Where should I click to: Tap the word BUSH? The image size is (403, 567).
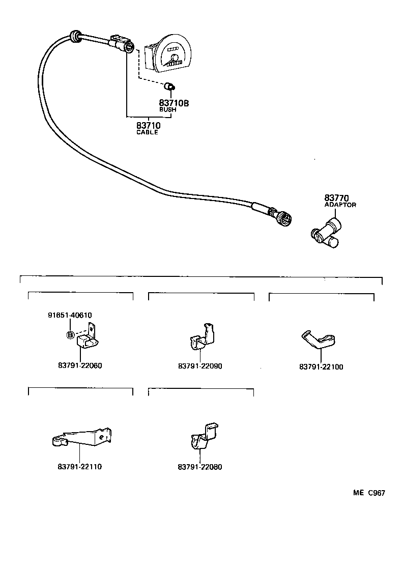click(x=168, y=110)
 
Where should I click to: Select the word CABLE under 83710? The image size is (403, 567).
click(x=147, y=132)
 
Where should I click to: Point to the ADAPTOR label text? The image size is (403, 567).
click(x=340, y=205)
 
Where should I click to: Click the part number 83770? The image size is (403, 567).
click(x=335, y=198)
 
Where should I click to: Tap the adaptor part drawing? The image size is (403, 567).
click(x=327, y=233)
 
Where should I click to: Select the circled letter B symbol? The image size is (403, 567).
click(x=70, y=334)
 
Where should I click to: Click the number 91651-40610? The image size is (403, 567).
click(x=70, y=315)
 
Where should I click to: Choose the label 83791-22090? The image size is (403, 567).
click(x=200, y=366)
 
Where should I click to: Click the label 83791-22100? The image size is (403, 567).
click(x=321, y=366)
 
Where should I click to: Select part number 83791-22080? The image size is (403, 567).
click(x=200, y=467)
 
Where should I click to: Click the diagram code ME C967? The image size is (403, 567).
click(x=369, y=493)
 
